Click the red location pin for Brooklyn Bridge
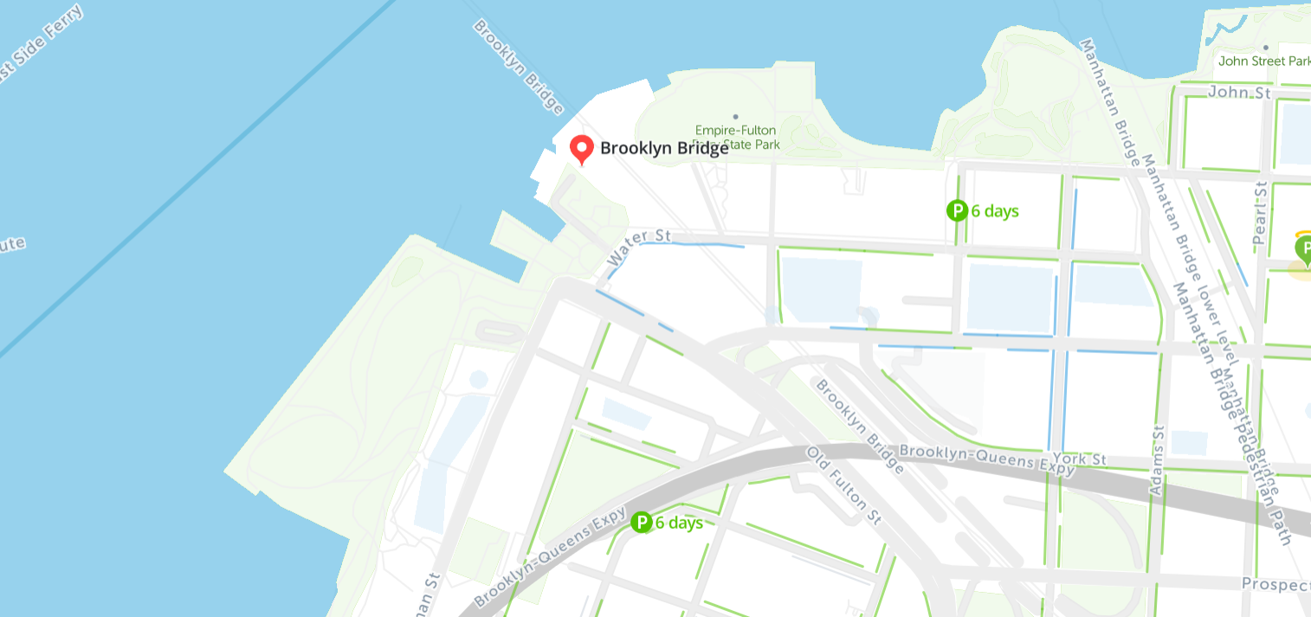tap(581, 149)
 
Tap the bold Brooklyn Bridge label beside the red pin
tap(664, 148)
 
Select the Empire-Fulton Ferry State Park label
tap(735, 138)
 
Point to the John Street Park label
tap(1263, 61)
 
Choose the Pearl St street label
tap(1260, 212)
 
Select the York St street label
tap(1088, 459)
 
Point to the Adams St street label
tap(1158, 461)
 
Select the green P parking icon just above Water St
tap(957, 210)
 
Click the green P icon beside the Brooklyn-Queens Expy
tap(641, 522)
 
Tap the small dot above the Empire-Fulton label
tap(735, 116)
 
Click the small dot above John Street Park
tap(1265, 48)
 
